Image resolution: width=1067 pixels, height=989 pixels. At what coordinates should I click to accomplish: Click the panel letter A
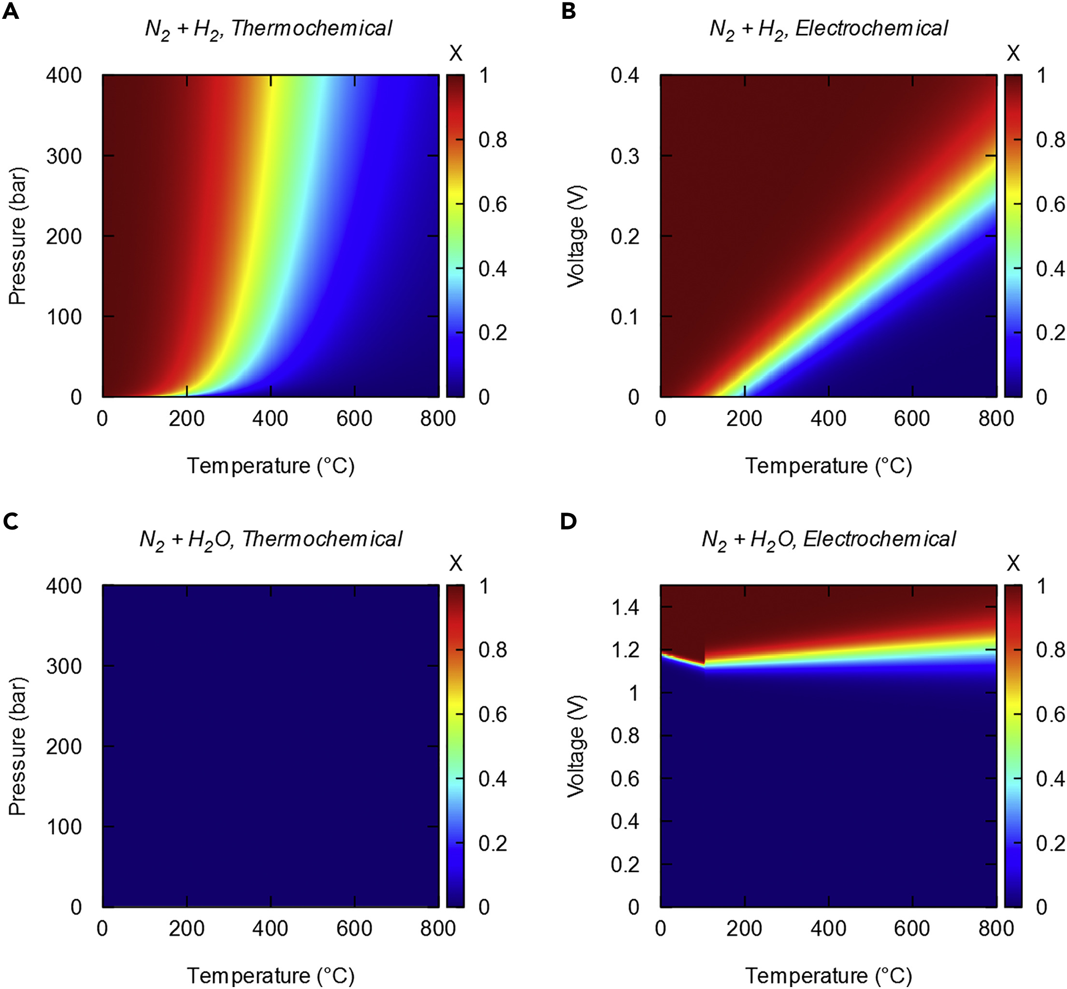point(11,12)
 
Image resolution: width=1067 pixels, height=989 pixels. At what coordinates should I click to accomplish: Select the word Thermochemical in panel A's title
point(312,29)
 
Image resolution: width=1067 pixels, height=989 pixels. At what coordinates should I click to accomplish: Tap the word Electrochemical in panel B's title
point(871,29)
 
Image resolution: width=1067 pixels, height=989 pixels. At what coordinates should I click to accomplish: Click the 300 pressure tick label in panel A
point(64,156)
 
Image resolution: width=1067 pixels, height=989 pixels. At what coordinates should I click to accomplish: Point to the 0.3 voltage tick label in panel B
point(625,156)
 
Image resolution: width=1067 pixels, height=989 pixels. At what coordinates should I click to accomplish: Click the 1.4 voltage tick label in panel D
point(625,607)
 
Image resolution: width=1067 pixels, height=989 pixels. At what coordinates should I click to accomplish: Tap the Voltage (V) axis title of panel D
point(576,746)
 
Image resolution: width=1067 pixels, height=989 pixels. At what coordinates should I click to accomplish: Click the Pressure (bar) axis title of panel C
point(18,746)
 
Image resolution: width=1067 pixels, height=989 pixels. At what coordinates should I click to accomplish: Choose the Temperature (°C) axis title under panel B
point(828,466)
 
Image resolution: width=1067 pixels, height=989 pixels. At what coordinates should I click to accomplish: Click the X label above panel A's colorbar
point(456,53)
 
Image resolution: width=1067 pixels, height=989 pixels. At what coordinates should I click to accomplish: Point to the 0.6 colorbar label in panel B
point(1051,204)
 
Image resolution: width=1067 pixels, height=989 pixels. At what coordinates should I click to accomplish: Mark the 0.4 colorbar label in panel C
point(492,779)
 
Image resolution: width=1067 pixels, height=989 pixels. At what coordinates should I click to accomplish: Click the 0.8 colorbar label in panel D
point(1051,650)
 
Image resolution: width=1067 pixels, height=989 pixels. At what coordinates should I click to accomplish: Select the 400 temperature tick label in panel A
point(270,418)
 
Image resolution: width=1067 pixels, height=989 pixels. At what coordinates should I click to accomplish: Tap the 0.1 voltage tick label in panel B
point(625,317)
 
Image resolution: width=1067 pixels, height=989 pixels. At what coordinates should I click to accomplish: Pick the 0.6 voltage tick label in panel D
point(625,779)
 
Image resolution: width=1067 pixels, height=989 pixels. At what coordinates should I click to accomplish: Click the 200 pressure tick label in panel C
point(64,746)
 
